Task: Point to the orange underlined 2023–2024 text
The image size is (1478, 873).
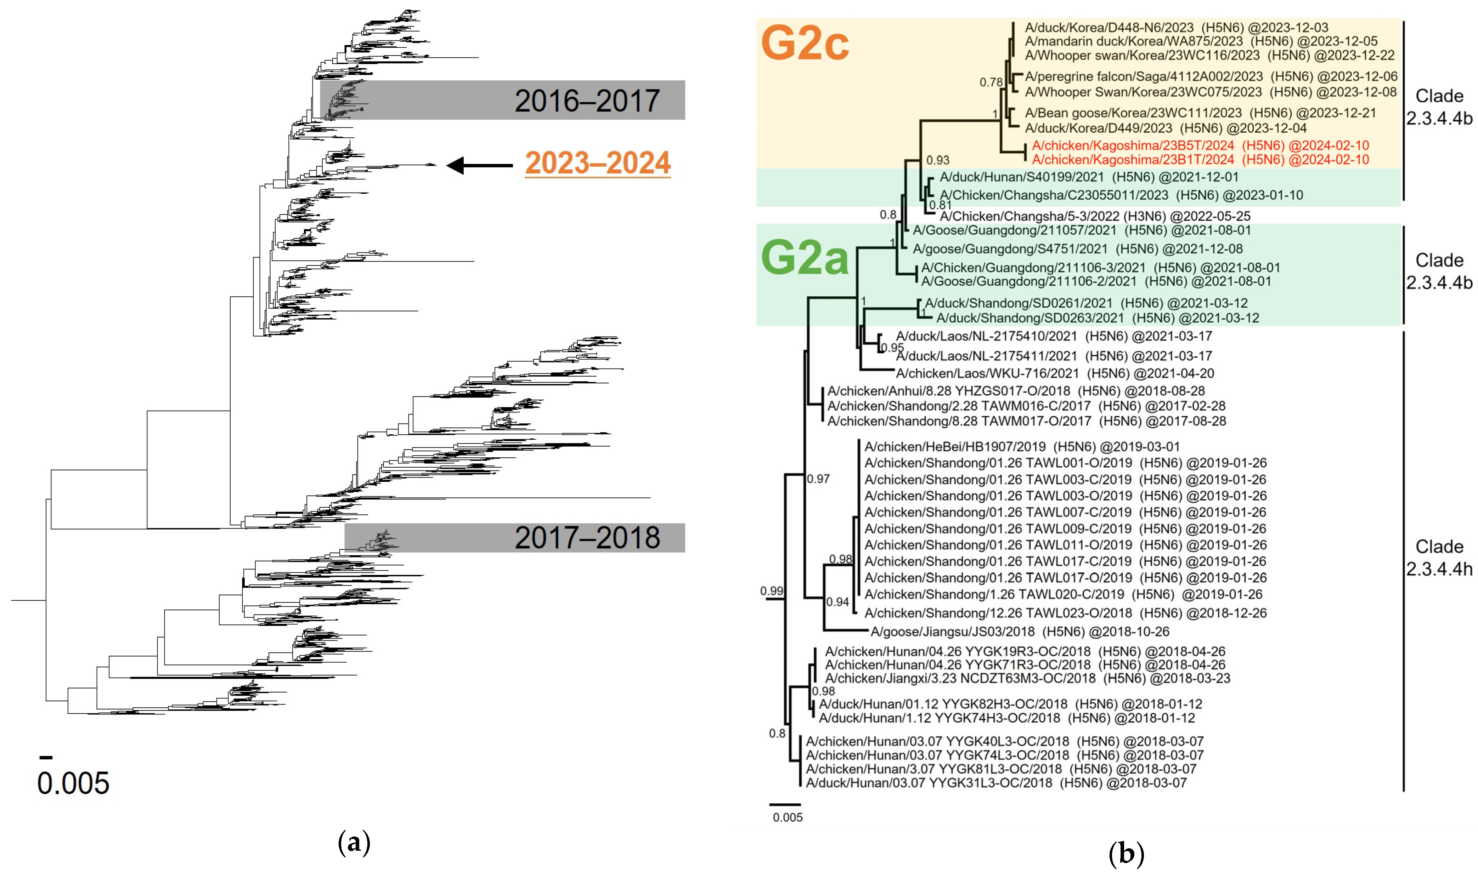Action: pyautogui.click(x=597, y=163)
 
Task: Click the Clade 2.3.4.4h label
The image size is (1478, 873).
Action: pyautogui.click(x=1439, y=558)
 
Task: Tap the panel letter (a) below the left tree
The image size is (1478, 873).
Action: pyautogui.click(x=354, y=843)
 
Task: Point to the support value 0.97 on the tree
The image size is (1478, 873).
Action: pyautogui.click(x=818, y=479)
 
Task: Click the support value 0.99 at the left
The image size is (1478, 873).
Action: pyautogui.click(x=771, y=590)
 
